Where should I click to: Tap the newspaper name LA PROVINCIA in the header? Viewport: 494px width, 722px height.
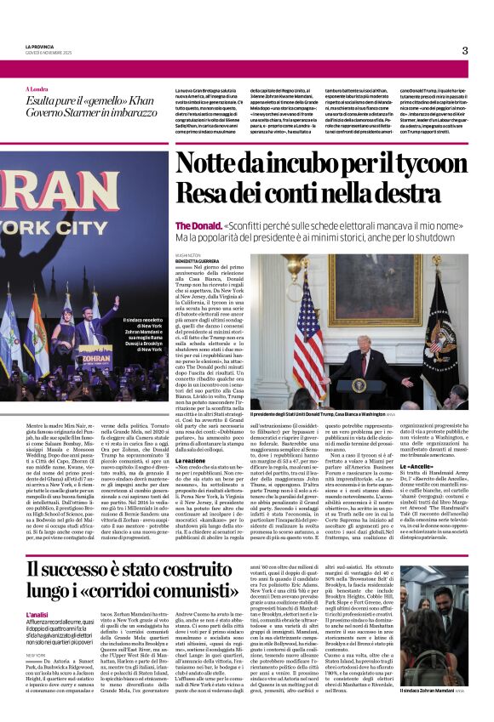[x=40, y=45]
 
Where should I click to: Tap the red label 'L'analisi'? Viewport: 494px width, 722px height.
[x=37, y=614]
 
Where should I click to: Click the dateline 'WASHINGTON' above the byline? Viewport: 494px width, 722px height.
[x=188, y=253]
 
